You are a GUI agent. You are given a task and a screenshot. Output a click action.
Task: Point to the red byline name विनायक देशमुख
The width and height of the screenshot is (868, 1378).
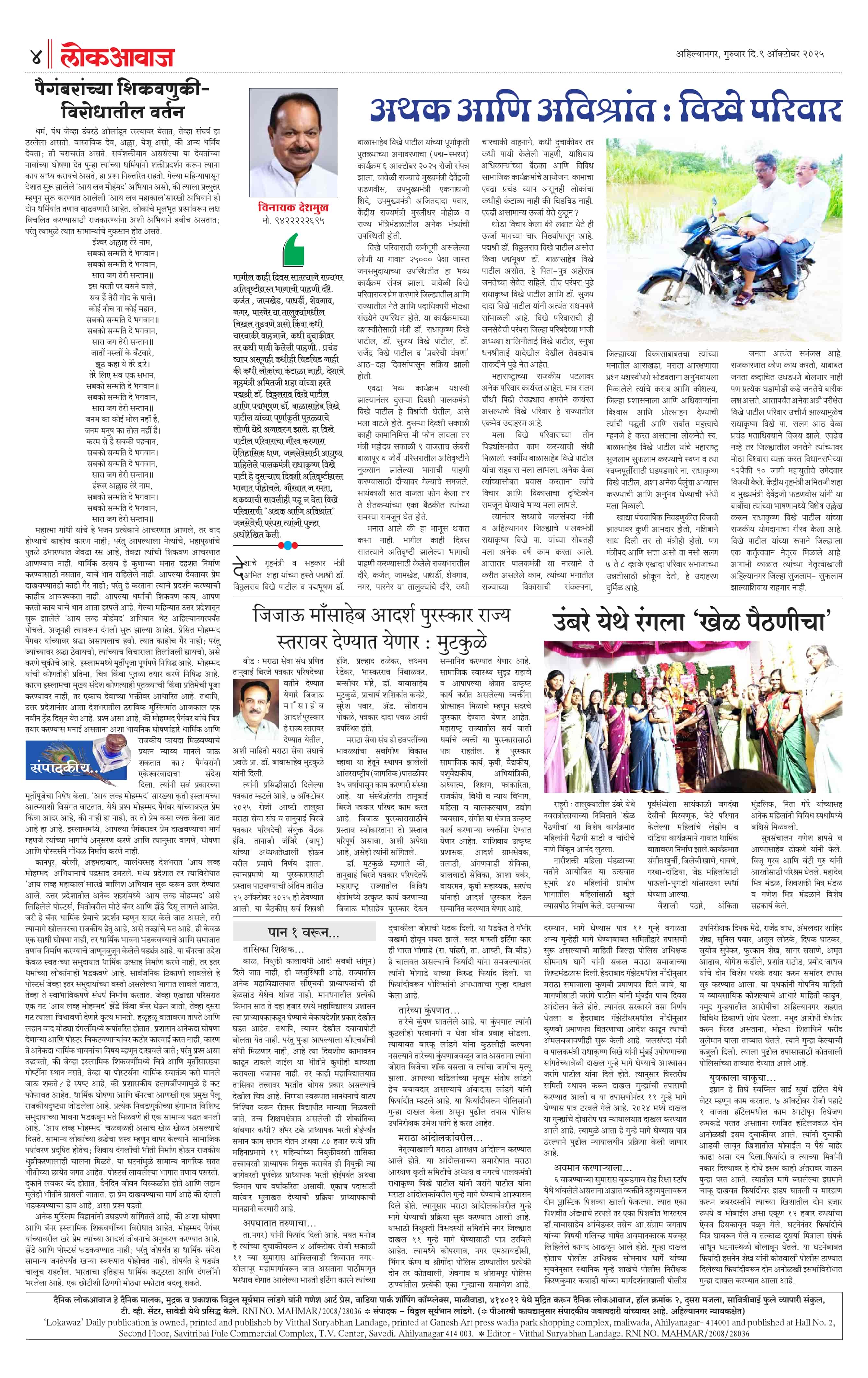click(292, 207)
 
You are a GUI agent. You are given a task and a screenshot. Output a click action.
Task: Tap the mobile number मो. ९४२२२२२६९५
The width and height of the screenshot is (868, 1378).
click(292, 220)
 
